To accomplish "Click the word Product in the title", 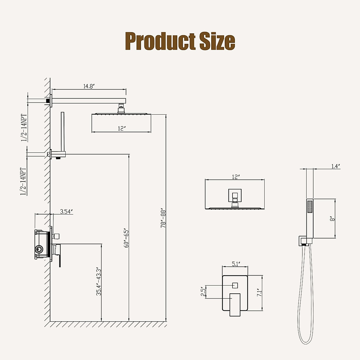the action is tap(160, 41).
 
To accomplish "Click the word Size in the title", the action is tap(217, 41).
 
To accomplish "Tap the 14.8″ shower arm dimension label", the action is tap(89, 86).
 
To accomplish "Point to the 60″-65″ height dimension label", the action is tap(126, 238).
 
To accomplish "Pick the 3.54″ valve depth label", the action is tap(66, 211).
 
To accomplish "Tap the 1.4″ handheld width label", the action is tap(335, 166).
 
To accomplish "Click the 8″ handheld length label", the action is tap(332, 219).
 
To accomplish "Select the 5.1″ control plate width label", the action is tap(236, 264).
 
